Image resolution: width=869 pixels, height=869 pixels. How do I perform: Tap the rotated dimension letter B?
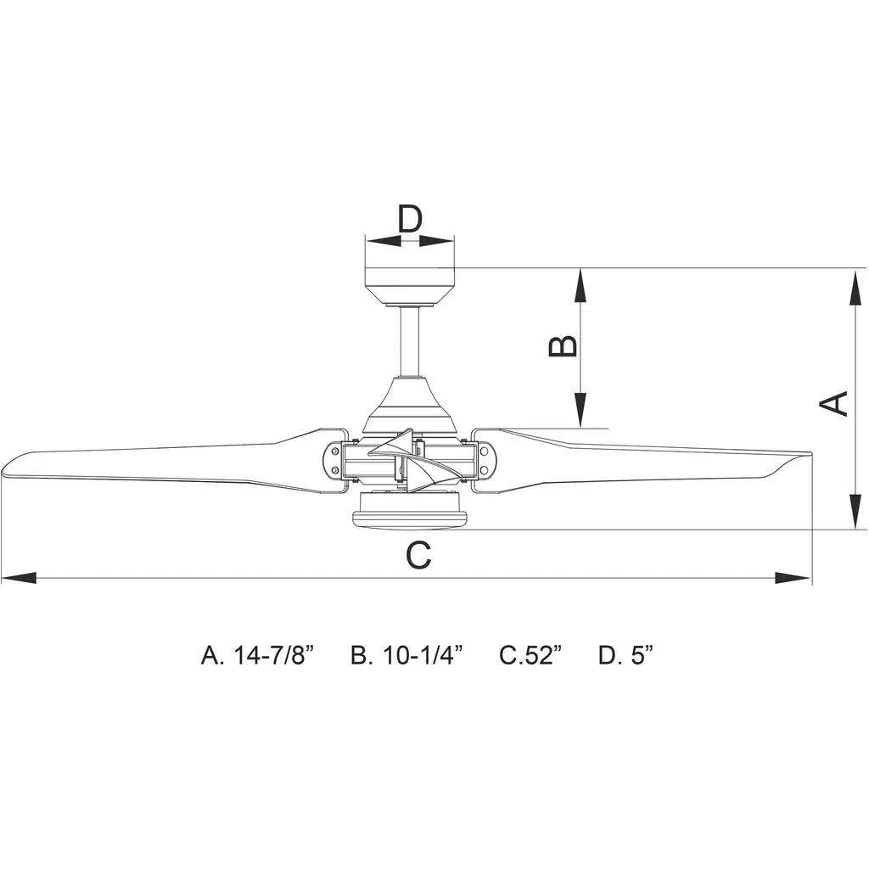(x=563, y=346)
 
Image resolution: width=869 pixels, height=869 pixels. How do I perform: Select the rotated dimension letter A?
(x=833, y=403)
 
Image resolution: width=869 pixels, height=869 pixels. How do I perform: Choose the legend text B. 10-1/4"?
(x=406, y=655)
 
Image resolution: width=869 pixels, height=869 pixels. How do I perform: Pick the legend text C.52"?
(x=530, y=655)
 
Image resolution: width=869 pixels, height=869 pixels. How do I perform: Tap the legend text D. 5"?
(x=625, y=655)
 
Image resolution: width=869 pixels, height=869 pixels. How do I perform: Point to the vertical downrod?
(x=410, y=342)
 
